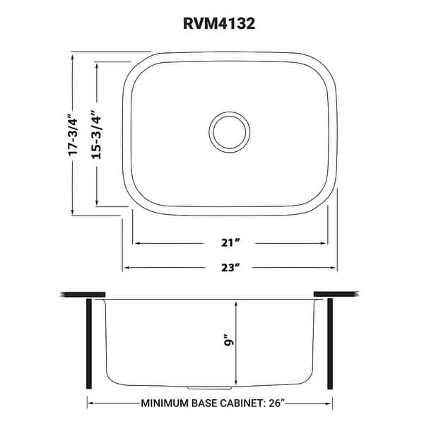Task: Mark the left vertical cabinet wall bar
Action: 88,343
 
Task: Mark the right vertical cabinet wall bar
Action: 329,343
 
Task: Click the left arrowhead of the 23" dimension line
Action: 128,267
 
